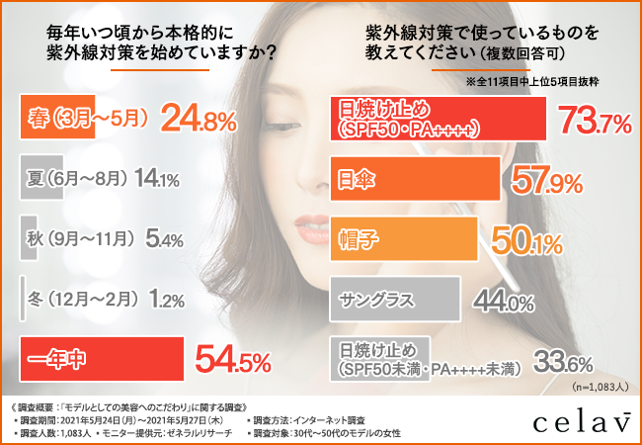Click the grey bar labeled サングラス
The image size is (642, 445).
[x=394, y=299]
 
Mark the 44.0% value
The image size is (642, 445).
[x=497, y=299]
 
